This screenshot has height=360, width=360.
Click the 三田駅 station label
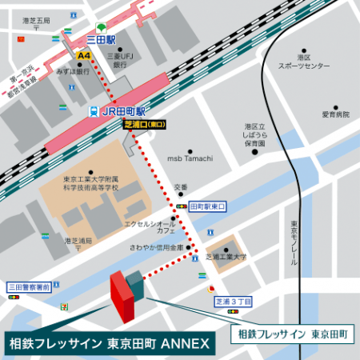[101, 38]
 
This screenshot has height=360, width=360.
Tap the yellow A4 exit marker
[83, 56]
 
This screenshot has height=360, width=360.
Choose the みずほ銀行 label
[71, 70]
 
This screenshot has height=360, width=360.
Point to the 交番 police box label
[181, 186]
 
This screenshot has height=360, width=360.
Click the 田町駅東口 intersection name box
[208, 206]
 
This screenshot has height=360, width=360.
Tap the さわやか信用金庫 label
[157, 248]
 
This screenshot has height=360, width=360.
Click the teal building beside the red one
[135, 284]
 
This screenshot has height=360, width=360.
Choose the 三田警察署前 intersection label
[29, 286]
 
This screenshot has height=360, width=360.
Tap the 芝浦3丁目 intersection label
[233, 302]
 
